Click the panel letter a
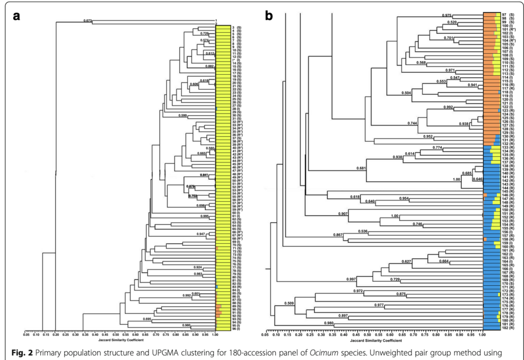point(17,15)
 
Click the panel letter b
point(270,15)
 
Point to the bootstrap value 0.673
point(88,20)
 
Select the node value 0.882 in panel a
point(209,66)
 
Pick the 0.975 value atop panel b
point(447,15)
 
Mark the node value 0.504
point(406,93)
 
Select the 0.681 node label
point(362,168)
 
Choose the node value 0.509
point(290,304)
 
